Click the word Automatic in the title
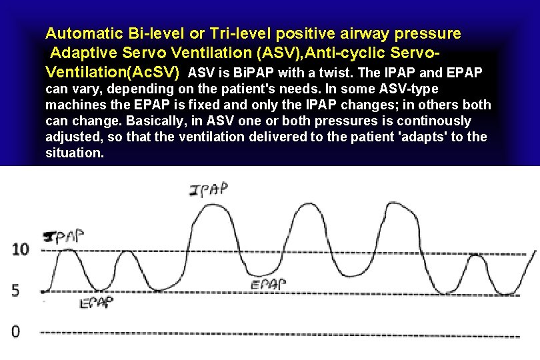[78, 33]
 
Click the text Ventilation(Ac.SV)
[112, 71]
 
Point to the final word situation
[73, 153]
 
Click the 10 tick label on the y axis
[21, 250]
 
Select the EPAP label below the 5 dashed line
[96, 303]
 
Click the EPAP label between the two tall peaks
[268, 285]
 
